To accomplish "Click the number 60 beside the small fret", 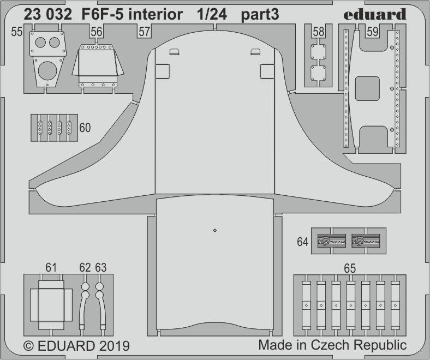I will [x=85, y=128].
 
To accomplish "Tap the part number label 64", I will [x=303, y=242].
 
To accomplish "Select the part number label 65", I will [x=350, y=268].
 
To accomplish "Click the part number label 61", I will [x=51, y=268].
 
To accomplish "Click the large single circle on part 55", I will [x=47, y=71].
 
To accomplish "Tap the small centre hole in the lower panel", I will [x=216, y=230].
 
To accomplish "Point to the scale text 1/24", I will [x=212, y=15].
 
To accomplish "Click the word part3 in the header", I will [x=260, y=15].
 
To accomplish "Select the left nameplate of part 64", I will [x=331, y=241].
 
